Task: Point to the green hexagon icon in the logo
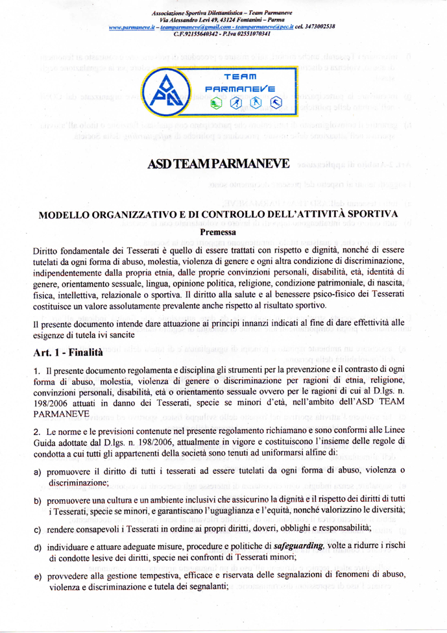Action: click(x=216, y=103)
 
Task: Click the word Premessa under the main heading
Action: click(x=223, y=230)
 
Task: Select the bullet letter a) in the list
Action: click(x=38, y=471)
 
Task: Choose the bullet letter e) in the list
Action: click(x=38, y=577)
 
